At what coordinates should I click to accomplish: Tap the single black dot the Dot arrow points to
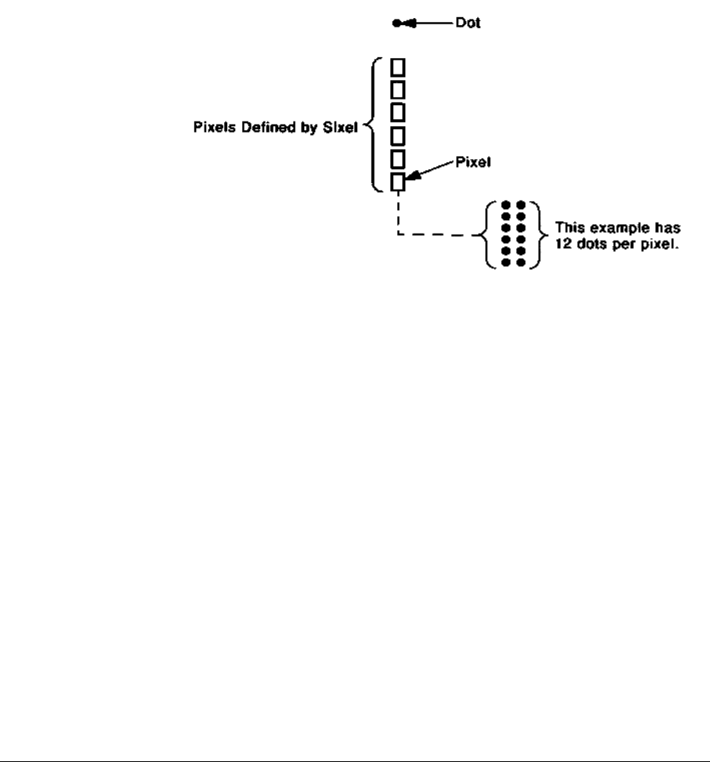click(x=397, y=24)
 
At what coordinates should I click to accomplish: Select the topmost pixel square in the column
click(x=397, y=65)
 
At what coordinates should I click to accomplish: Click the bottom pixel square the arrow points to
click(x=397, y=183)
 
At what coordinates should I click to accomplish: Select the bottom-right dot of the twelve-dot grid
click(x=520, y=264)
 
